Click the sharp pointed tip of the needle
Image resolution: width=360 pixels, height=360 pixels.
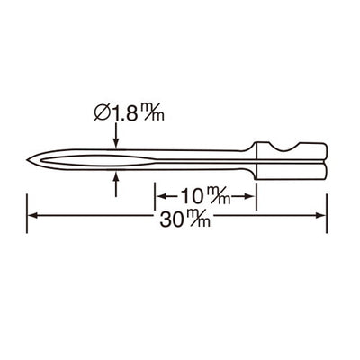point(29,161)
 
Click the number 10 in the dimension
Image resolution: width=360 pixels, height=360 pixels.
point(193,194)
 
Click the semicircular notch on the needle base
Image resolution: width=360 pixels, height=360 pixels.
point(286,146)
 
